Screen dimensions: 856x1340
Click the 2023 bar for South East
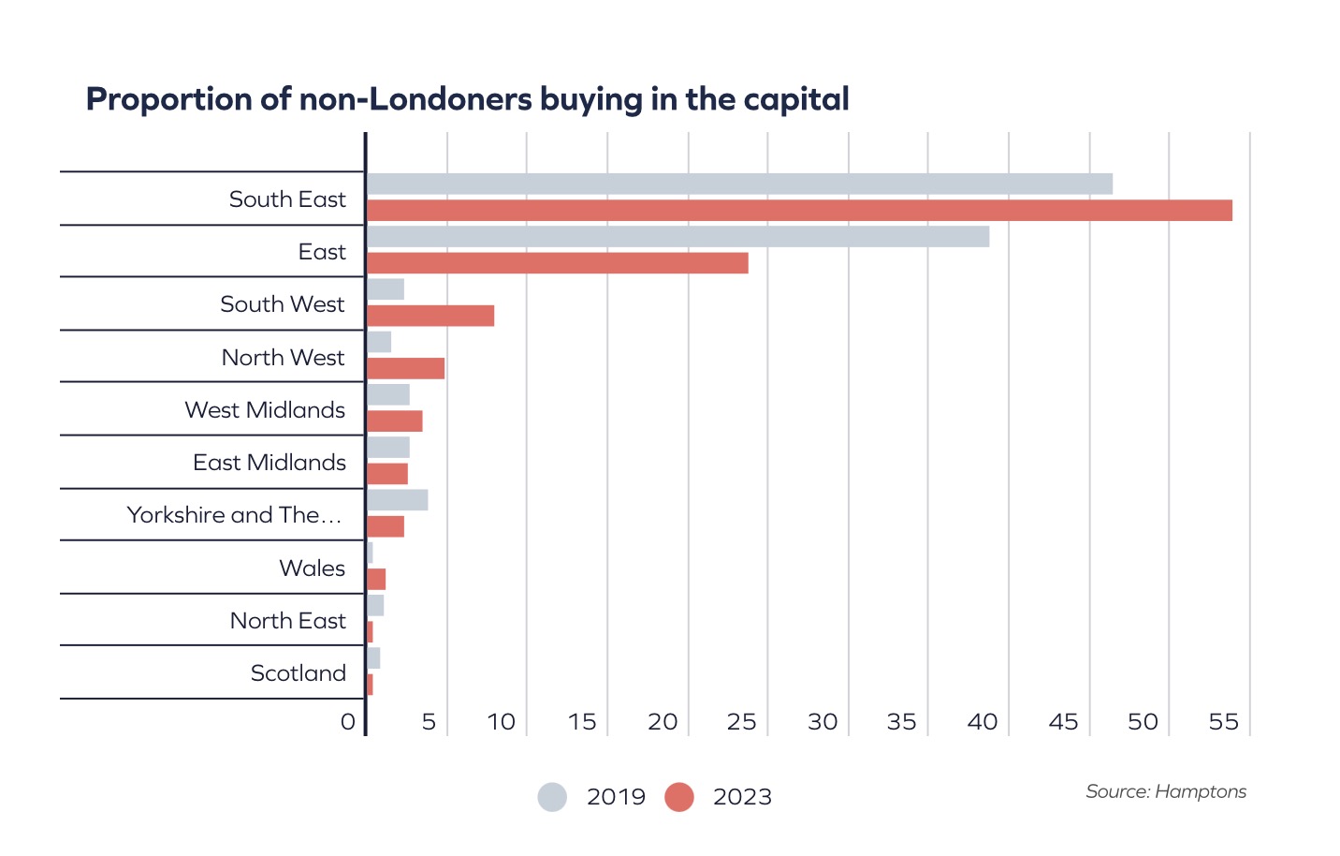799,211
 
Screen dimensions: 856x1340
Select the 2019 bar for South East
739,184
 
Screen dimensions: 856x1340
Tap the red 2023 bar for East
558,263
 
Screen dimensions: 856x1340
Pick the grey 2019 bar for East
677,237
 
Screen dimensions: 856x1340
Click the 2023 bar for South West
430,316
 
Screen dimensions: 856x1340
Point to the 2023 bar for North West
405,368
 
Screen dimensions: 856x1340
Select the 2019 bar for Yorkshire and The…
397,500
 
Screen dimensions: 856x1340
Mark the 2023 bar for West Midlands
395,421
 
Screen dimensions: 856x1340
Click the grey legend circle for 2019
552,797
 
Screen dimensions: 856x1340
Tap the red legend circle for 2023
679,797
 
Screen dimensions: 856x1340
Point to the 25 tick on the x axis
741,722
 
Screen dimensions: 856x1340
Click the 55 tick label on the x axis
1223,722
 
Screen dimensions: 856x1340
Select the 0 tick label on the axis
348,722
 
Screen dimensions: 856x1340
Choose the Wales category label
312,568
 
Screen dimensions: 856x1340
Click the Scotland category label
298,673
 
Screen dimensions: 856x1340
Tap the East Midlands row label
269,463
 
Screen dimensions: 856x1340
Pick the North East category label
287,621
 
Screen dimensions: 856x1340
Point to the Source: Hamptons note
1165,792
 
